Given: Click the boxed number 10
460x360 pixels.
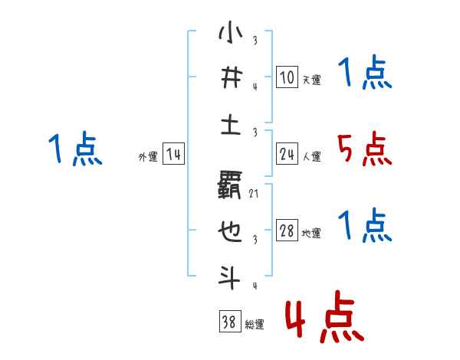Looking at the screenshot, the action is pos(287,77).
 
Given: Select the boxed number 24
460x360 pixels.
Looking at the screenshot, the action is pos(287,155).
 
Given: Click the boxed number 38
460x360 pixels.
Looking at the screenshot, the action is pos(229,322).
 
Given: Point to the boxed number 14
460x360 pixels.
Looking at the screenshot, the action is pos(173,155).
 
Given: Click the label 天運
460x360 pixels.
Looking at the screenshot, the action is pos(311,80).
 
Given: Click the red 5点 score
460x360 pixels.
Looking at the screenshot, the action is pos(364,149).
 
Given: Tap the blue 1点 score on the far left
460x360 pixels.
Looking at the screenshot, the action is pos(75,149).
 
